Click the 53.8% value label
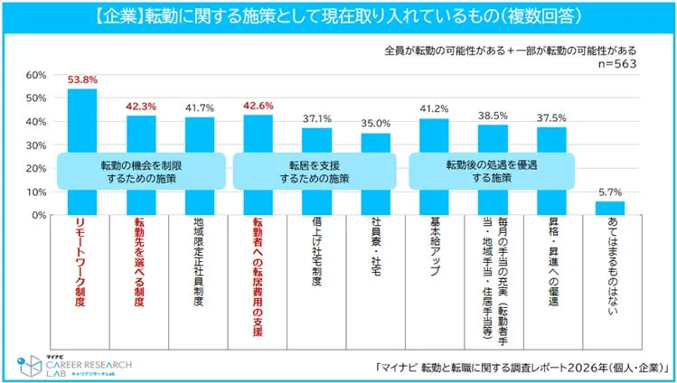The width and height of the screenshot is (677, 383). [x=82, y=80]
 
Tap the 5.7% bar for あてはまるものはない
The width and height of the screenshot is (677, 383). [x=609, y=208]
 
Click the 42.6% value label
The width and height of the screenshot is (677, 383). [x=258, y=106]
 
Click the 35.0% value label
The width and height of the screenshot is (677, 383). [x=375, y=123]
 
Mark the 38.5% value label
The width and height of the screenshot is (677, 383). [x=492, y=116]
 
